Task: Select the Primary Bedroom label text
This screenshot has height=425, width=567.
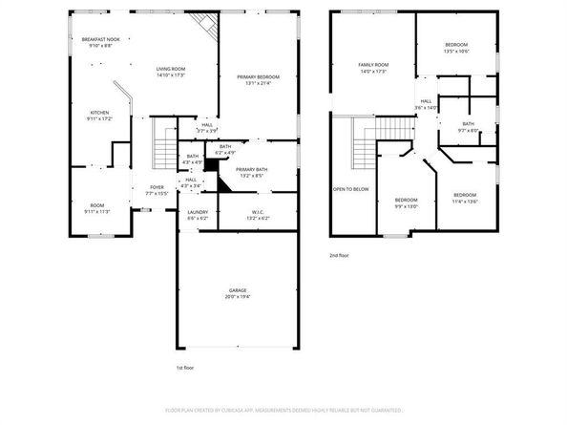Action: (x=257, y=78)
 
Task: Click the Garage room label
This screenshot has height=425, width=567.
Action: (x=237, y=293)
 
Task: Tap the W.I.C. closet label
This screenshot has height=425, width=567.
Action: (x=258, y=215)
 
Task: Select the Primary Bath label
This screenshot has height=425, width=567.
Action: (x=258, y=171)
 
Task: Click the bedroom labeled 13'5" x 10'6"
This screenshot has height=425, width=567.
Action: (x=455, y=49)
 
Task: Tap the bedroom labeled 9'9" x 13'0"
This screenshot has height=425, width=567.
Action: (x=407, y=202)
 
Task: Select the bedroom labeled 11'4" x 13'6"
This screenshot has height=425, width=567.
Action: (x=465, y=198)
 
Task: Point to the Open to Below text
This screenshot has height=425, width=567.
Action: (x=350, y=189)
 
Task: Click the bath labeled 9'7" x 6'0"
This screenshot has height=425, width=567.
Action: (x=469, y=127)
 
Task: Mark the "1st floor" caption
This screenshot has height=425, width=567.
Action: (x=186, y=368)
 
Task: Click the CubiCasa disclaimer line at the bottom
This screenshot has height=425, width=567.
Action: (x=283, y=409)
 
